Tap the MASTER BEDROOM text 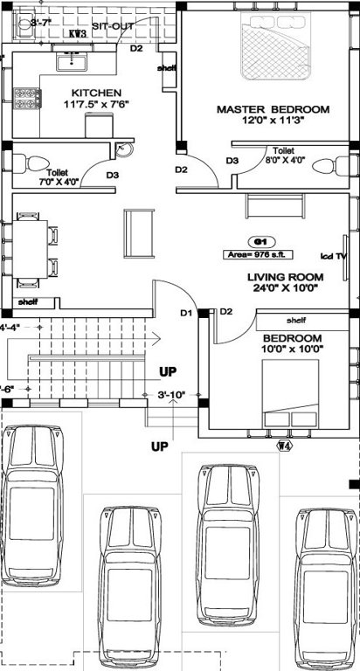pos(273,109)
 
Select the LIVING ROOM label pos(284,277)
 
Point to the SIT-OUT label pos(112,27)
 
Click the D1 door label pos(185,312)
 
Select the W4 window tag pos(283,446)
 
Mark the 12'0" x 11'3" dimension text pos(273,121)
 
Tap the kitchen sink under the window pos(70,62)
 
